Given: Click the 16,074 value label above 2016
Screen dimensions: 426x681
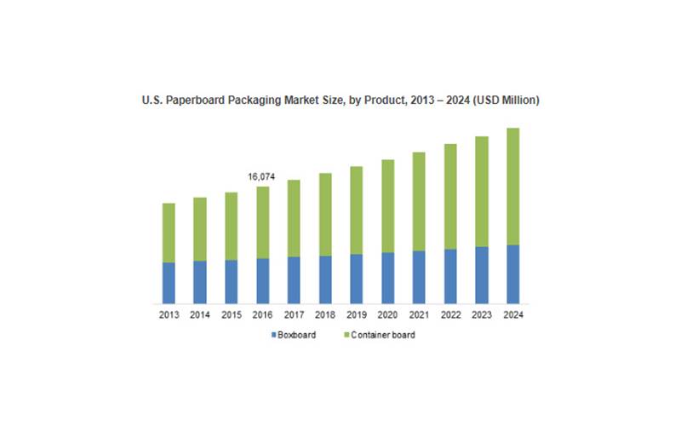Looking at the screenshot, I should [x=262, y=176].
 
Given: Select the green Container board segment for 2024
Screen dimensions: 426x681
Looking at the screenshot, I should [x=512, y=187].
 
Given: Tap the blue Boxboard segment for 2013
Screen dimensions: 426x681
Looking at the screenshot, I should [x=169, y=283].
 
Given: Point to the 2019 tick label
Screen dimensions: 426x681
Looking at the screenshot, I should [x=356, y=314].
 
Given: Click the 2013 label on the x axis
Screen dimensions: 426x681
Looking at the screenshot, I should [x=169, y=314].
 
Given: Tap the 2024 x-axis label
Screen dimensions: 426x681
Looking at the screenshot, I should [x=512, y=314].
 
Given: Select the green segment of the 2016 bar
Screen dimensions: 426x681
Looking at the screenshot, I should [x=262, y=222].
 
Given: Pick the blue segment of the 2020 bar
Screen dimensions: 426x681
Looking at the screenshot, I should [x=387, y=278].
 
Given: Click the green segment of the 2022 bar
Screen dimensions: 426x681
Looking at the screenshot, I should [x=450, y=197].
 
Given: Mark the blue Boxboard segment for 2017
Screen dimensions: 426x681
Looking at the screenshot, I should [x=294, y=280].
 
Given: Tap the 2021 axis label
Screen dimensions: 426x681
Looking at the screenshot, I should [x=419, y=314].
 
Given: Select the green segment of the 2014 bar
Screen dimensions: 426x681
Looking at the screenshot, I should [x=199, y=229].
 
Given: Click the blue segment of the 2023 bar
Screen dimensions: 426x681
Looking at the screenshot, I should [x=482, y=275].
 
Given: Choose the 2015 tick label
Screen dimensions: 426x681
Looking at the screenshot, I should [x=231, y=314].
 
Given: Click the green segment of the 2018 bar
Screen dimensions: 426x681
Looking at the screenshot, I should [x=325, y=215].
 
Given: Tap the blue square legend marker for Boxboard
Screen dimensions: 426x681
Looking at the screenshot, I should [x=272, y=335].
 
